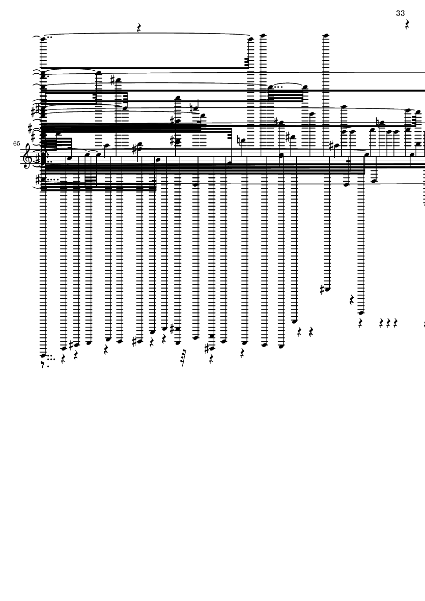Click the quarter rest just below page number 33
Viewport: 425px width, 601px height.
pos(408,24)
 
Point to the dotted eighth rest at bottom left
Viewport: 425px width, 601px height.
pos(44,364)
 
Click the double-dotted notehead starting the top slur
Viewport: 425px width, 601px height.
pos(43,38)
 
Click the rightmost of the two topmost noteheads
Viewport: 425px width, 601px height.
pos(326,36)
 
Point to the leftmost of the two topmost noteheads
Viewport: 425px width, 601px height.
pos(263,36)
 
